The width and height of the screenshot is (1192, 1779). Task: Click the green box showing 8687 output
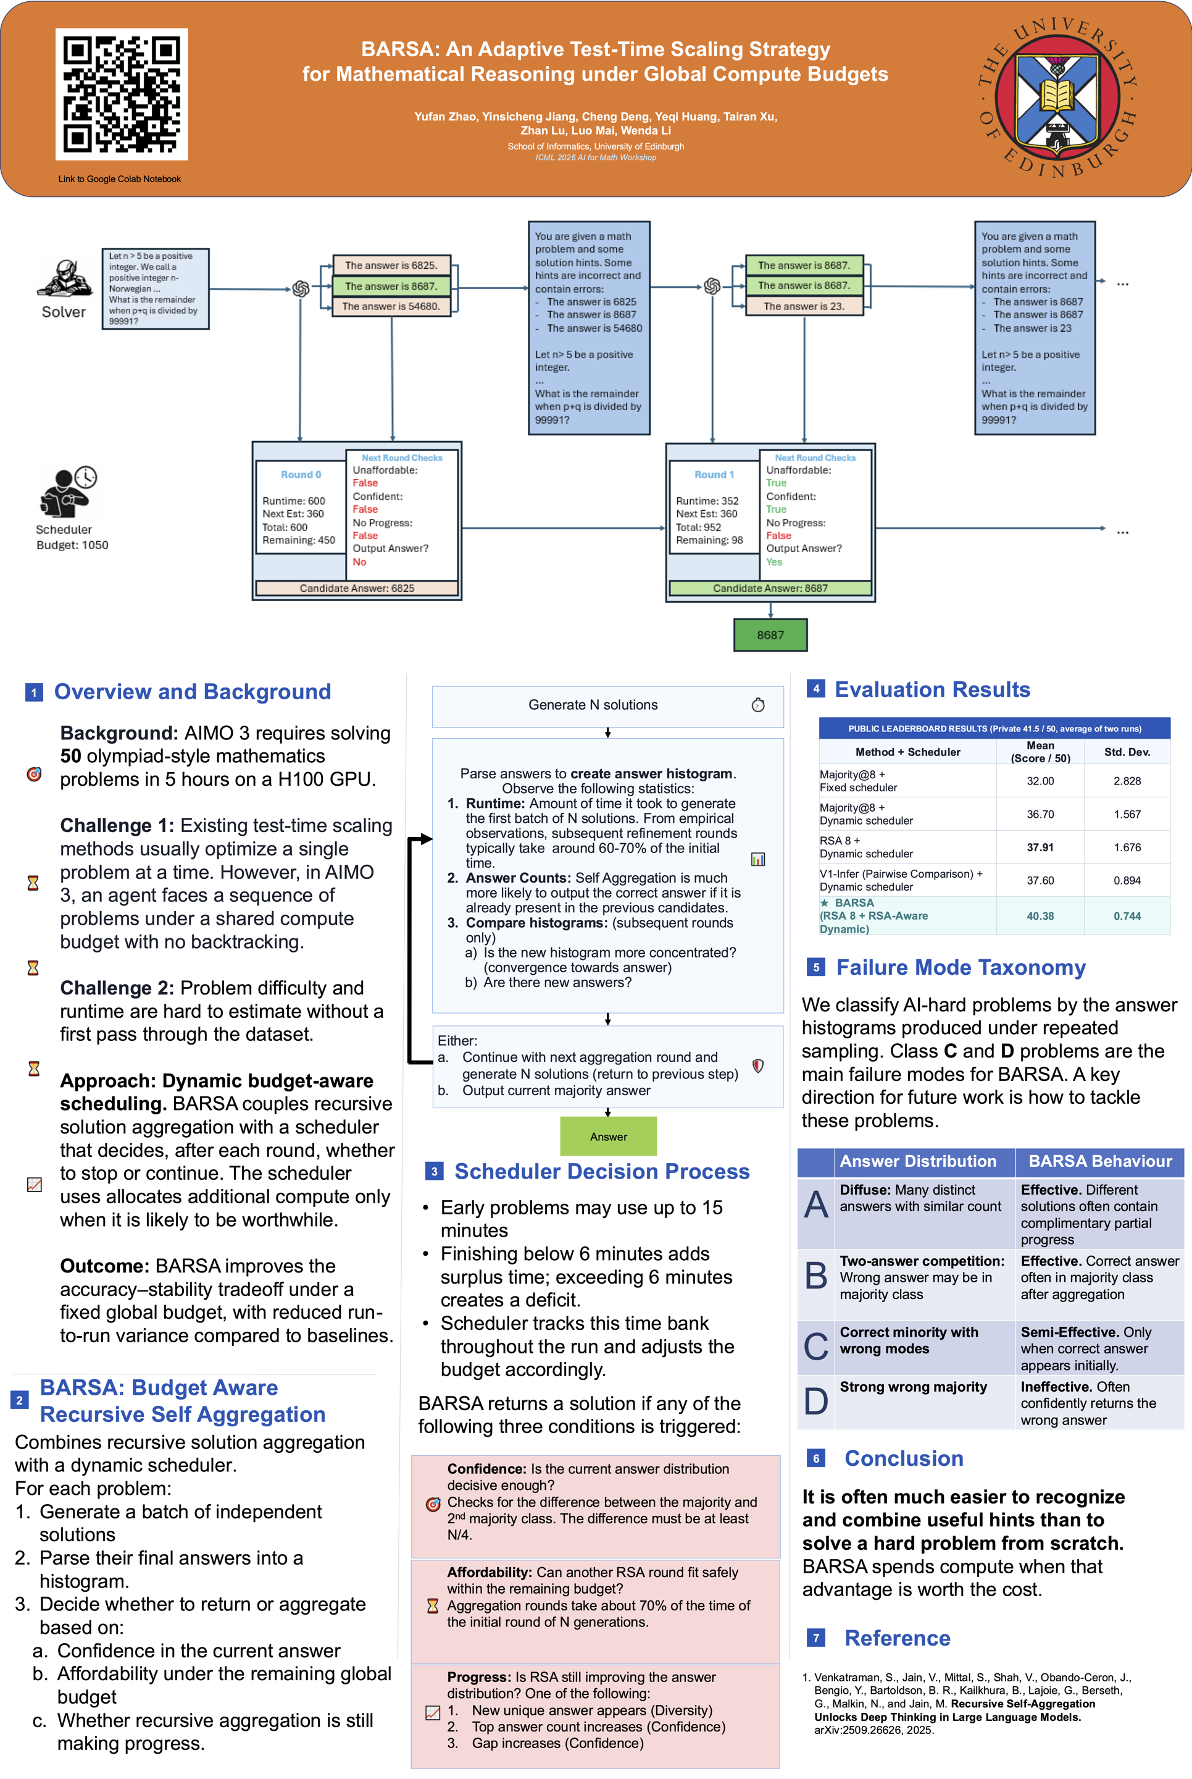[x=770, y=634]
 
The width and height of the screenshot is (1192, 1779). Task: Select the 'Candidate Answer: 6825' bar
[x=357, y=588]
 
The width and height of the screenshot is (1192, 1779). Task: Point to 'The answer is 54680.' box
[x=391, y=306]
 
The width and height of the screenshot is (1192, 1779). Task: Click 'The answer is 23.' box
[x=804, y=306]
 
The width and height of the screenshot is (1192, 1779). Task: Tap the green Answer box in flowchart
[x=608, y=1137]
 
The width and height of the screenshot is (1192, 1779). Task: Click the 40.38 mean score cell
[x=1040, y=915]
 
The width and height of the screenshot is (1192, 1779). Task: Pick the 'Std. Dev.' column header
[x=1127, y=752]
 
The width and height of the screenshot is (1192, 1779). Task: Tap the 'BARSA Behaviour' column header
[x=1100, y=1161]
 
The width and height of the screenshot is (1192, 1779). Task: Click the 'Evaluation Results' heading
[x=932, y=689]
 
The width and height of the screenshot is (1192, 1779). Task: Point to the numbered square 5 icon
[x=815, y=967]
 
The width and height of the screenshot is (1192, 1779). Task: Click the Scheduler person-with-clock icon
[x=69, y=491]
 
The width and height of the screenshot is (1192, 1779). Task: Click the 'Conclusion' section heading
[x=904, y=1458]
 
